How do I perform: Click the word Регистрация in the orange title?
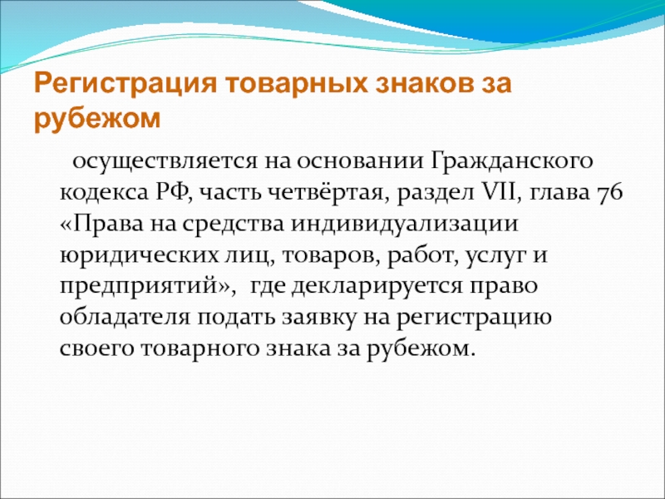[x=126, y=84]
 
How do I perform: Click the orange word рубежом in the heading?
[x=97, y=119]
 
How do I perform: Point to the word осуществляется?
[x=165, y=161]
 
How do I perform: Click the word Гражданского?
[x=512, y=161]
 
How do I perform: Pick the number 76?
[x=609, y=193]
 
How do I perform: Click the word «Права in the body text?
[x=101, y=224]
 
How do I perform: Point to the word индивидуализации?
[x=405, y=224]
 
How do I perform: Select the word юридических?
[x=137, y=255]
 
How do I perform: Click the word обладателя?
[x=126, y=318]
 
